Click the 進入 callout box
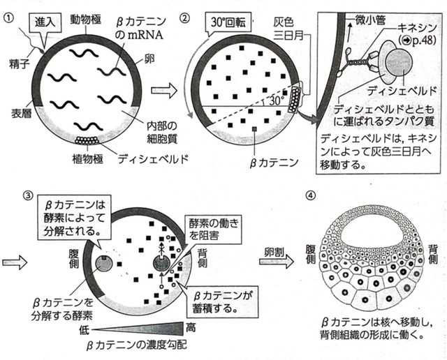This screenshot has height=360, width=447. (45, 22)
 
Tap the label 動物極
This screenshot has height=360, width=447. (86, 20)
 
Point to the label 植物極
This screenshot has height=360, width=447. (87, 159)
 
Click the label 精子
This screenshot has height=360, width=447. (19, 63)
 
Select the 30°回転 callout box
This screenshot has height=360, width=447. (228, 22)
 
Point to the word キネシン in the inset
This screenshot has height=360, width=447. (417, 28)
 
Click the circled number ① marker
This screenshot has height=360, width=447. (8, 18)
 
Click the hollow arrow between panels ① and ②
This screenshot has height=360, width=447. (164, 91)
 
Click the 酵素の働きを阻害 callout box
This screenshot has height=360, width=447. (214, 230)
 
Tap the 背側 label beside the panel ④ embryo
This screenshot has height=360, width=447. (433, 255)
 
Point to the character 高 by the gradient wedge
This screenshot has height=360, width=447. (191, 327)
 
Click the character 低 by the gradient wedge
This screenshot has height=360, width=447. (85, 330)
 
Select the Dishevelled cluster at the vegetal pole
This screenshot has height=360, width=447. (87, 140)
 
